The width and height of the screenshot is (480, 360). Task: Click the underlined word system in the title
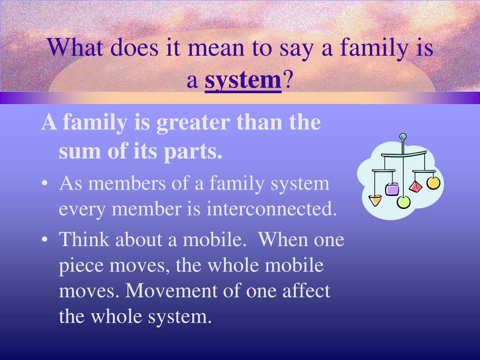[x=243, y=81]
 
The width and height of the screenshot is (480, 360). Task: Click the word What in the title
[x=75, y=47]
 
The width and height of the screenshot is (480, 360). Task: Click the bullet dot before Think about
[x=45, y=240]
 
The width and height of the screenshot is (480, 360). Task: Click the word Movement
[x=171, y=290]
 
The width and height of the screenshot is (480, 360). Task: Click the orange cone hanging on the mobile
[x=375, y=200]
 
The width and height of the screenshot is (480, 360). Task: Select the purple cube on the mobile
[x=392, y=189]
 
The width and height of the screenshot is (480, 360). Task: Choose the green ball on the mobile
[x=404, y=202]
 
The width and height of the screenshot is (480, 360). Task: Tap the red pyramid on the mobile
[x=416, y=187]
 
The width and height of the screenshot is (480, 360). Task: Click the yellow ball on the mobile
[x=434, y=183]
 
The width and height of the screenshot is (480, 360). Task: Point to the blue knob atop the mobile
[x=403, y=136]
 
